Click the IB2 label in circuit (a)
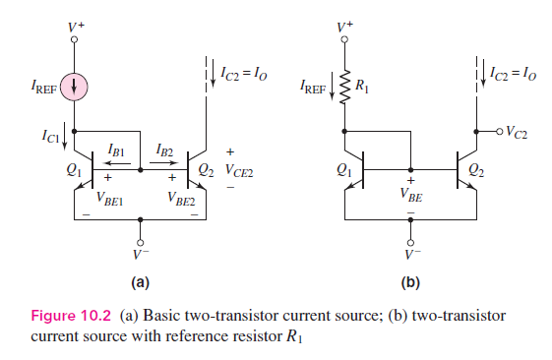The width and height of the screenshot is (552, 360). coord(164,150)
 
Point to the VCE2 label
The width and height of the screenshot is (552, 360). coord(240,169)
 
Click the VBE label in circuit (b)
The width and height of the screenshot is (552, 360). coord(411,195)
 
